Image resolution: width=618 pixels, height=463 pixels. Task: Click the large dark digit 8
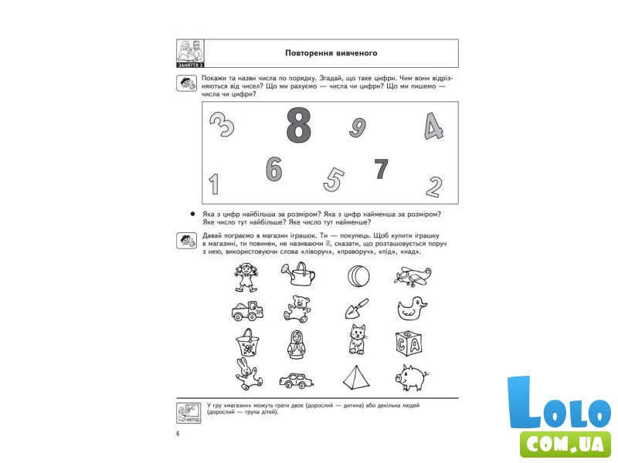tap(298, 125)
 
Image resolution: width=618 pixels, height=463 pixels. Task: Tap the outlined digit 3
tap(222, 124)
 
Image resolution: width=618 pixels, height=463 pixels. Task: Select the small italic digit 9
tap(358, 127)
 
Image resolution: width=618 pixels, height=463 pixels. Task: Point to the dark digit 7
tap(381, 169)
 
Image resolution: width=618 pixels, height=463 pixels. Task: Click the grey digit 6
tap(274, 169)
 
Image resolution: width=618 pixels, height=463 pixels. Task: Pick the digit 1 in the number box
tap(214, 184)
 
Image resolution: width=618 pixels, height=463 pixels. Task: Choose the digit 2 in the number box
tap(434, 187)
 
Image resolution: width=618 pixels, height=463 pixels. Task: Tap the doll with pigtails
tap(246, 277)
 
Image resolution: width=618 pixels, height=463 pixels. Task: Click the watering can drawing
tap(298, 274)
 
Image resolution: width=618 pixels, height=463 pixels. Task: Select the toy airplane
tap(413, 275)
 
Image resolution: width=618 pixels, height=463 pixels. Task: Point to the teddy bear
tap(297, 309)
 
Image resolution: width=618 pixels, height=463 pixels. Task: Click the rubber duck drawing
tap(412, 308)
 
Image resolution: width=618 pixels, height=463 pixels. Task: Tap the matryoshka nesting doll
tap(295, 344)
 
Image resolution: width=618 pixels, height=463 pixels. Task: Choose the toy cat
tap(358, 340)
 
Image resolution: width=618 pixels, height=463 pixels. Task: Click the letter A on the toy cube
tap(414, 345)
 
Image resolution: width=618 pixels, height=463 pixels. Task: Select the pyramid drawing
tap(357, 377)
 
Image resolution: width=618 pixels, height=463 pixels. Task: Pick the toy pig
tap(412, 377)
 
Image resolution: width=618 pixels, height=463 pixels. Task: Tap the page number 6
tap(178, 434)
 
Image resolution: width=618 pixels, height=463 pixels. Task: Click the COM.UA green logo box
tap(565, 444)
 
